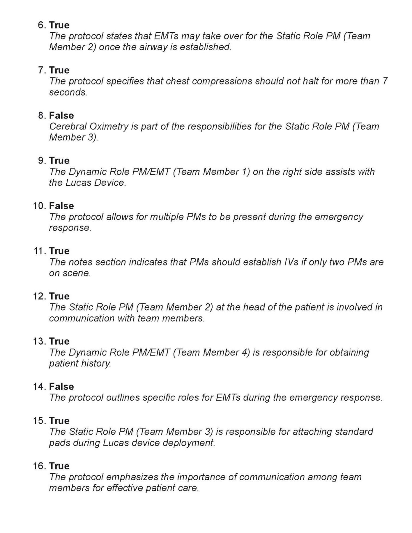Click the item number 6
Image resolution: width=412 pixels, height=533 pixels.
pos(42,25)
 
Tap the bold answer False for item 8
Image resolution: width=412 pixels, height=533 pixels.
pos(62,115)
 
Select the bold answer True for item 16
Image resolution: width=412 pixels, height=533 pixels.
pos(59,466)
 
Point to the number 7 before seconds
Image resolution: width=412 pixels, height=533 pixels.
pos(385,81)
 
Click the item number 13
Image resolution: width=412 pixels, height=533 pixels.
pos(40,341)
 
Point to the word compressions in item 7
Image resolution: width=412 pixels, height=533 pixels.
pos(211,81)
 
